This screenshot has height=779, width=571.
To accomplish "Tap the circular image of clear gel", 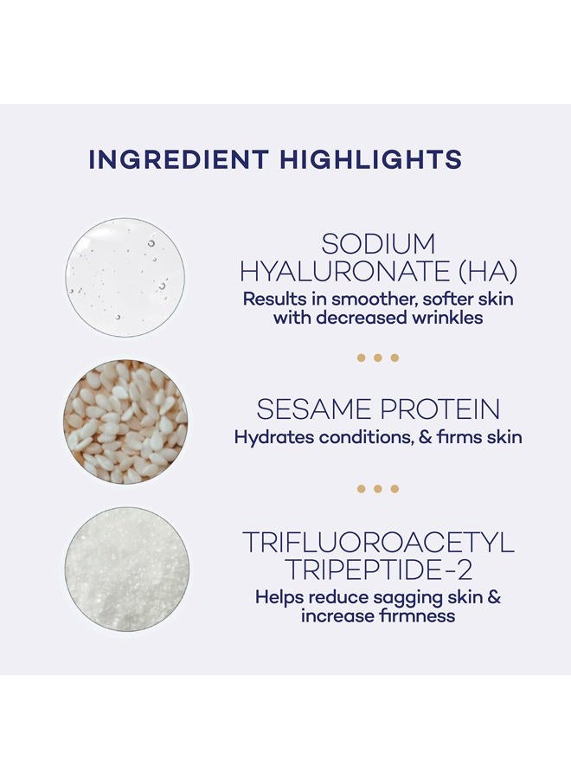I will tap(126, 277).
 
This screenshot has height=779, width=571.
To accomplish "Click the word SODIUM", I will tap(378, 244).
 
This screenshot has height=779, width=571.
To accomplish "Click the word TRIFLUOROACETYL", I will tap(378, 543).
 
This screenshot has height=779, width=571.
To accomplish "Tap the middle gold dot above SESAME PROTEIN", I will tap(378, 357).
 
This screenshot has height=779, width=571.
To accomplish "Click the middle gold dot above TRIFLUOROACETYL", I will tap(378, 489).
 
